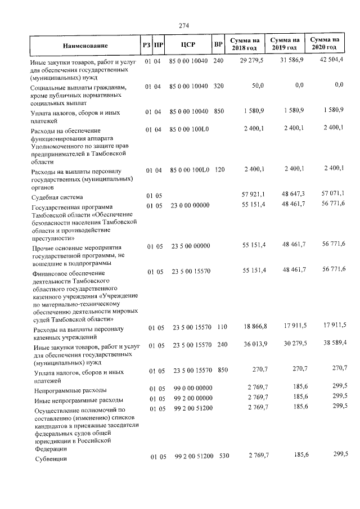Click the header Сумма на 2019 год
pos(285,44)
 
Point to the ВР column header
pos(218,44)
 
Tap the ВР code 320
pos(219,85)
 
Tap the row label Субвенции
pos(50,459)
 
